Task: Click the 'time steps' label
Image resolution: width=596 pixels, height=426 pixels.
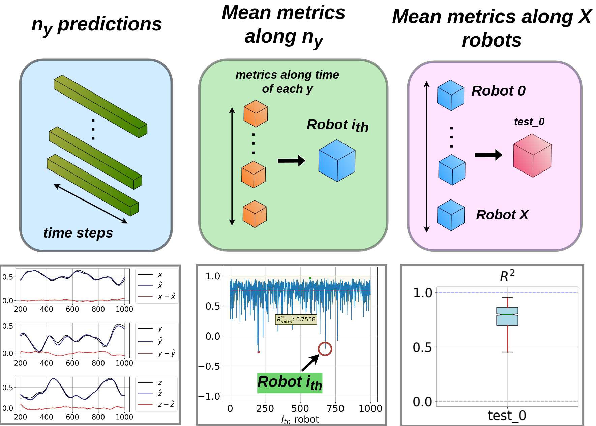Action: (78, 233)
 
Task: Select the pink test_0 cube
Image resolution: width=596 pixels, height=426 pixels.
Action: (532, 156)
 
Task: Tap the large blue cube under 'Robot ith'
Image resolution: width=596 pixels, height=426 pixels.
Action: (337, 161)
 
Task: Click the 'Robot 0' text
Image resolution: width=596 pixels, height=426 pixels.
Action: (498, 91)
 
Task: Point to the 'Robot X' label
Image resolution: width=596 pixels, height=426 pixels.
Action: (502, 215)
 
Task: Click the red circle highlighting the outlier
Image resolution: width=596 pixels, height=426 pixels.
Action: (325, 349)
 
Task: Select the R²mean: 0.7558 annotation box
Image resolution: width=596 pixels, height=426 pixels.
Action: (296, 319)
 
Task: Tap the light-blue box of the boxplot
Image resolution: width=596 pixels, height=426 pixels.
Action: (507, 316)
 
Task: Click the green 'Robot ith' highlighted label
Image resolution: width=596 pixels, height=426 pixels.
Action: (290, 383)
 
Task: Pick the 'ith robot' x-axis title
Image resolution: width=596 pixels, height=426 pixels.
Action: (300, 420)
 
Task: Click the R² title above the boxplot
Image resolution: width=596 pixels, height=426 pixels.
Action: (507, 276)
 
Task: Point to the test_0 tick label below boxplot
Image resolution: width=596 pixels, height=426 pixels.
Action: (507, 416)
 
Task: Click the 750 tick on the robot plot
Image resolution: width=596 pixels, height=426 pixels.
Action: (335, 409)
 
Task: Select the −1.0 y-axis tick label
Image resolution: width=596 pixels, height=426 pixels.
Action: (209, 396)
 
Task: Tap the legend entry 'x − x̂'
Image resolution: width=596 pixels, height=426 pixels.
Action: (167, 297)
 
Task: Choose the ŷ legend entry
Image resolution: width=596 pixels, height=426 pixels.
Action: (160, 341)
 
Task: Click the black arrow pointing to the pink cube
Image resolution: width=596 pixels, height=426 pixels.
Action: (488, 155)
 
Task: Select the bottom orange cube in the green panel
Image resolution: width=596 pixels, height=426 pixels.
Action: (255, 214)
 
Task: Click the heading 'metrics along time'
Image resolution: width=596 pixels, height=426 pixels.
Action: (287, 75)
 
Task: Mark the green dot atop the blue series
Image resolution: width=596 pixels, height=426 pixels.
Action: (310, 278)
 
